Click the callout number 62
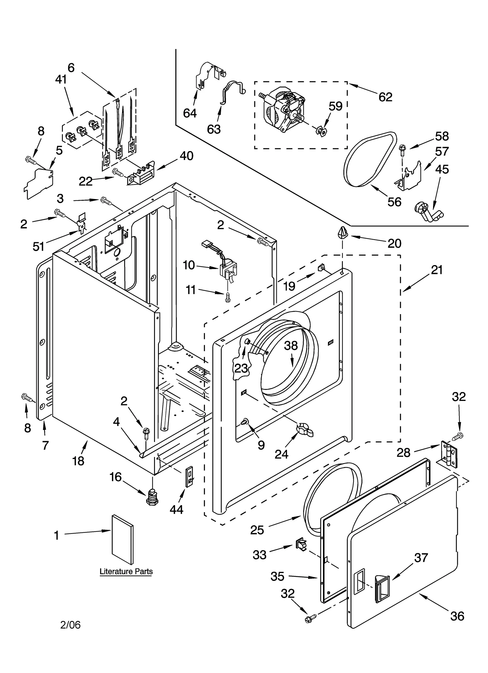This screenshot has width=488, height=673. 385,97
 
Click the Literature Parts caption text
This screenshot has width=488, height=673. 126,572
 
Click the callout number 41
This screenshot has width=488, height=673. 61,80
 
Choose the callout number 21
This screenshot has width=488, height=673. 437,270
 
